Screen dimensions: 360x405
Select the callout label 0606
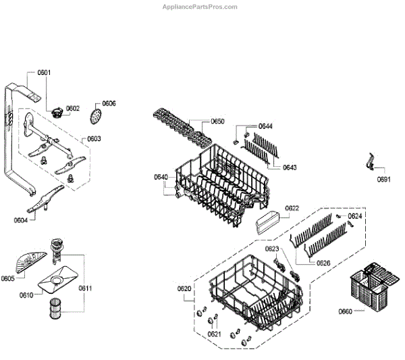[x=109, y=103]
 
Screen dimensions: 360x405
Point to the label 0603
[x=94, y=138]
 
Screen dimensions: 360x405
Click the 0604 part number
[x=21, y=220]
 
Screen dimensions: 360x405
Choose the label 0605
[x=8, y=278]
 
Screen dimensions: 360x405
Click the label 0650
[x=217, y=121]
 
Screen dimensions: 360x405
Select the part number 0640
[x=161, y=177]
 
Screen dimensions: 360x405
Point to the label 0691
[x=384, y=179]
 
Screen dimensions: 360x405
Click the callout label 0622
[x=292, y=208]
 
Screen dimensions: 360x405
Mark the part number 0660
[x=346, y=311]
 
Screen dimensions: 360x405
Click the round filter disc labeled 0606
[x=97, y=115]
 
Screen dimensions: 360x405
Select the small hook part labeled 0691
[x=370, y=163]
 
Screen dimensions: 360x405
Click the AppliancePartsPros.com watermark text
[x=201, y=7]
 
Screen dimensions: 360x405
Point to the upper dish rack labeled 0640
[x=219, y=179]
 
